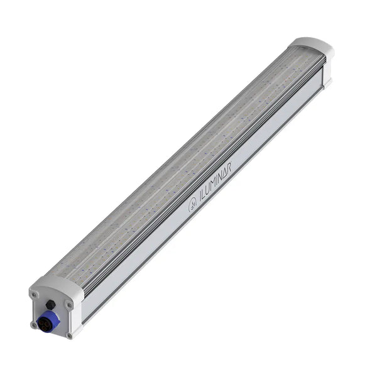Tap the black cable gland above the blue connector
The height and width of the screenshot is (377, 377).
click(50, 305)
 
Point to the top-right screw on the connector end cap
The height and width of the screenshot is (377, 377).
click(69, 305)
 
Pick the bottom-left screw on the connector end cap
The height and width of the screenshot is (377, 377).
click(34, 324)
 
